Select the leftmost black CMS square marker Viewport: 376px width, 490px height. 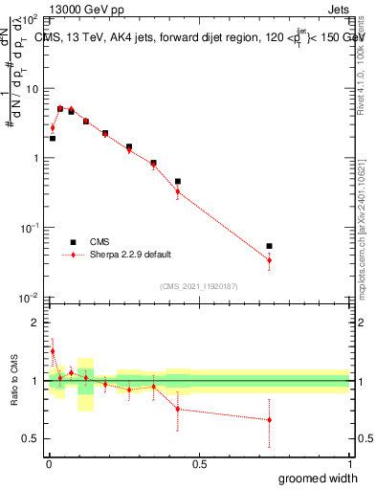tap(53, 138)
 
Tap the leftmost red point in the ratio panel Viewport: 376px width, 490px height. tap(53, 351)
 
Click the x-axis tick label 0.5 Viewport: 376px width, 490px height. tap(198, 464)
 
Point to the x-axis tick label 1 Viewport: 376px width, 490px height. tap(348, 464)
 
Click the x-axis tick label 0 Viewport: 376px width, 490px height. tap(49, 464)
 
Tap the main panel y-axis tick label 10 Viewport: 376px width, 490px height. tap(32, 89)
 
